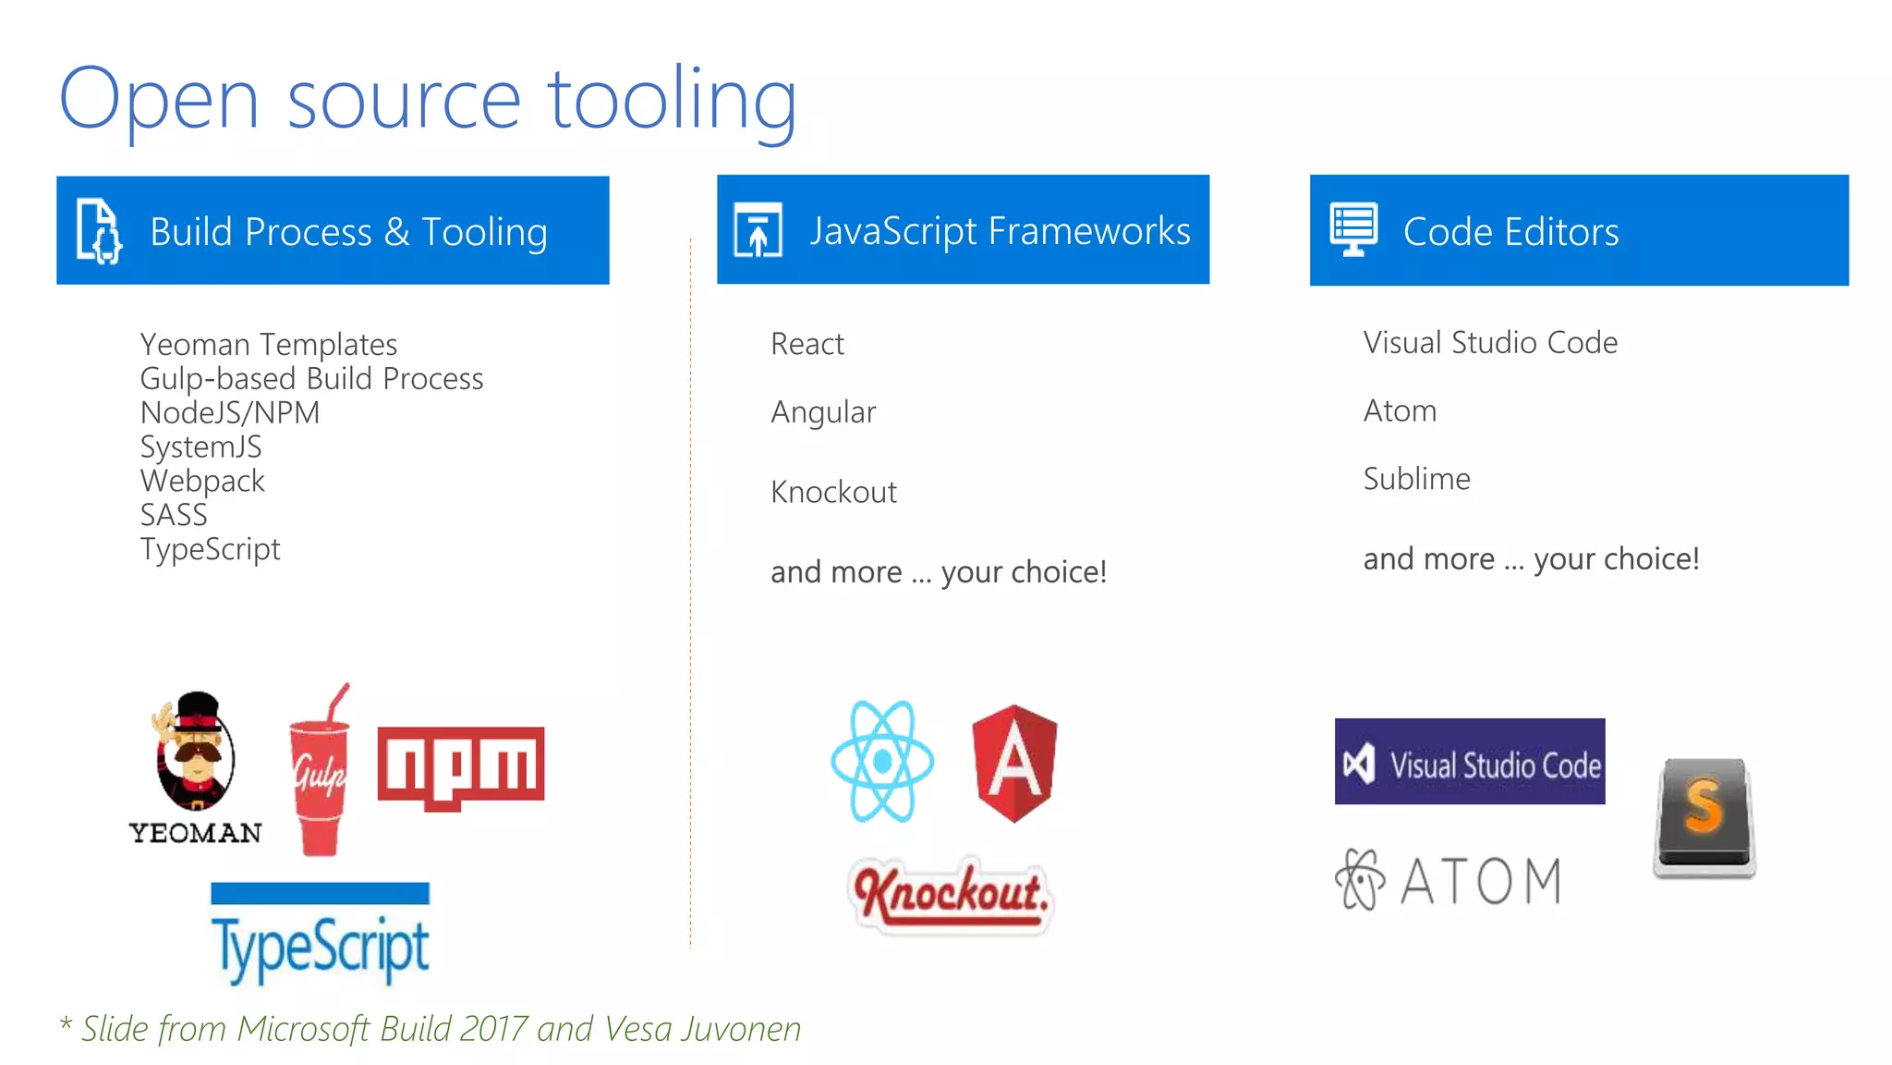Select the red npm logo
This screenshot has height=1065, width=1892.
coord(460,766)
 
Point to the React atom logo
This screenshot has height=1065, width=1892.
coord(881,761)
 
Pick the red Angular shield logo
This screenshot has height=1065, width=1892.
coord(1014,763)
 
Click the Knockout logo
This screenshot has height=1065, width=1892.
coord(951,893)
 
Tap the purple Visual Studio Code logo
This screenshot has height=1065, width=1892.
coord(1469,762)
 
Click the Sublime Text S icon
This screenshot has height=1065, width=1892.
coord(1704,816)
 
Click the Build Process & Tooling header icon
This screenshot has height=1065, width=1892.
coord(99,231)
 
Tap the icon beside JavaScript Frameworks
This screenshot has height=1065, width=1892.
coord(758,230)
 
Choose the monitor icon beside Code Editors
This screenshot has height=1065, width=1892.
coord(1353,229)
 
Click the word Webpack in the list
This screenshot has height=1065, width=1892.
coord(202,481)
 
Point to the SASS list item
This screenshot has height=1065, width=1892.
coord(174,515)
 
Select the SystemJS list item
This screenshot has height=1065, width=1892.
coord(200,447)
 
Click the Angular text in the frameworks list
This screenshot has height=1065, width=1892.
coord(823,412)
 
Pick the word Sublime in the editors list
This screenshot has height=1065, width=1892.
coord(1416,479)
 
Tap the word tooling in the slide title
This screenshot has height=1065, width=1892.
coord(672,100)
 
